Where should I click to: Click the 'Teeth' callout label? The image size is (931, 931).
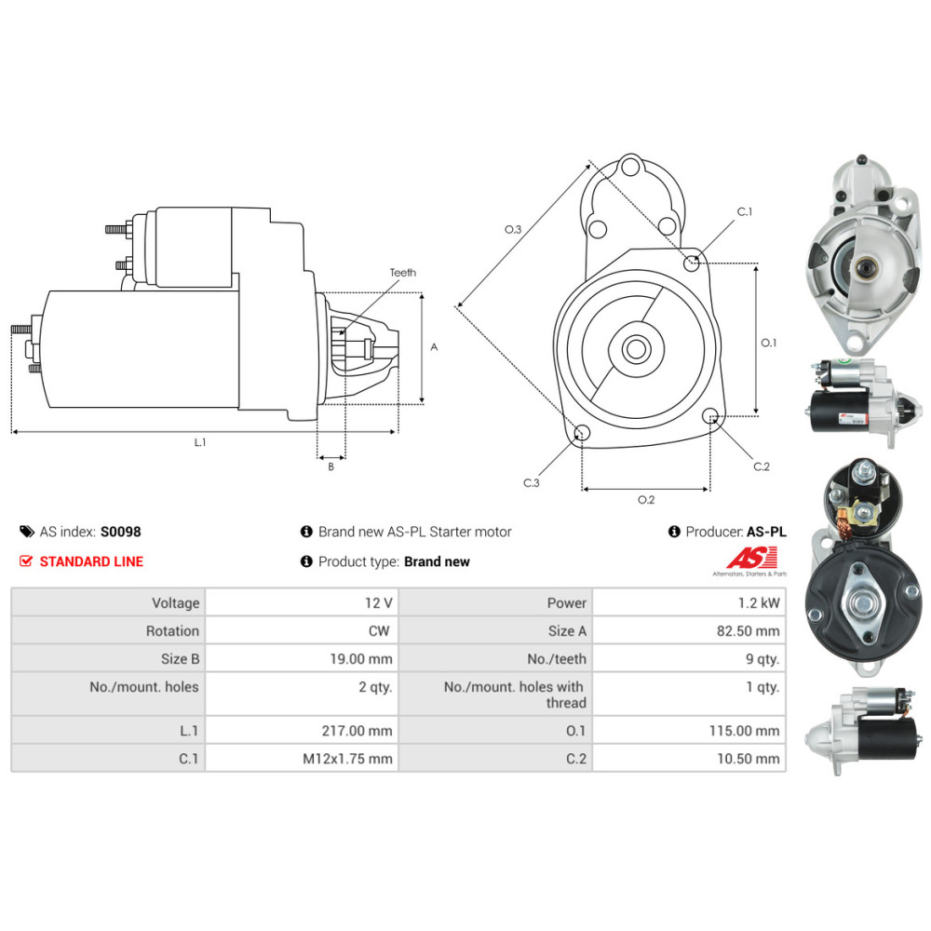point(402,273)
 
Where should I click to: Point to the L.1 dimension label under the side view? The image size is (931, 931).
point(200,442)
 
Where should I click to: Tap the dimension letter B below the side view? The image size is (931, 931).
point(331,466)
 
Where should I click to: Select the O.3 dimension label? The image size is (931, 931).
point(513,229)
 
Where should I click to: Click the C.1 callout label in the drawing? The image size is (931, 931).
point(745,211)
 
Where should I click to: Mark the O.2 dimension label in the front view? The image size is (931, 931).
point(646,500)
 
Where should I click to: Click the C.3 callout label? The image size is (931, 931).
point(532,482)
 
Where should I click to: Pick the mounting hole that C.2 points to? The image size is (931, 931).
point(710,415)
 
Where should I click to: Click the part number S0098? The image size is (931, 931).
point(120,532)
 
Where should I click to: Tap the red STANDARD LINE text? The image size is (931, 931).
point(91,561)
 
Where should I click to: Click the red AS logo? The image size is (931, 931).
point(751,558)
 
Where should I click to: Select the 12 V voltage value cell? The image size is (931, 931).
point(302,602)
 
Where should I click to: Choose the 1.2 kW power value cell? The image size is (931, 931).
point(689,602)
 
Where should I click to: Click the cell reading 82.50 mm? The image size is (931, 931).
point(689,630)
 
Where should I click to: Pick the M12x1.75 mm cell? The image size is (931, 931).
point(302,758)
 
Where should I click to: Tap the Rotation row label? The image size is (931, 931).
point(172,630)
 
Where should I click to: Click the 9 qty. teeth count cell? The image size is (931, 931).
point(689,658)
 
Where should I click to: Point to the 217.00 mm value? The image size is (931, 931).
point(357,730)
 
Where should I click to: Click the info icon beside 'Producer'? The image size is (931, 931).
point(674,532)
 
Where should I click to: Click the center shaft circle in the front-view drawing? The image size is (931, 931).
point(637,349)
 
